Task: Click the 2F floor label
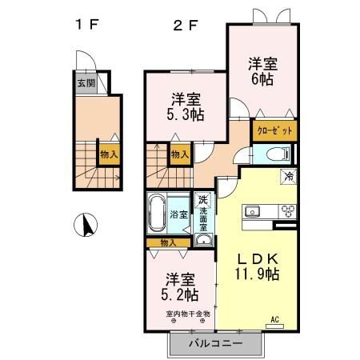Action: tap(185, 24)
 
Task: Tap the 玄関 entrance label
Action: tap(85, 82)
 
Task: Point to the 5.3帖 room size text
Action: tap(186, 114)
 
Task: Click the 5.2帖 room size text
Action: tap(181, 295)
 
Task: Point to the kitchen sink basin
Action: tap(253, 212)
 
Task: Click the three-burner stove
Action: tap(286, 211)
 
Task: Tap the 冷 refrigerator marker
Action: tap(286, 176)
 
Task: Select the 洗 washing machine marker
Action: tap(203, 199)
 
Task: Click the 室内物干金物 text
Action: tap(188, 314)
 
